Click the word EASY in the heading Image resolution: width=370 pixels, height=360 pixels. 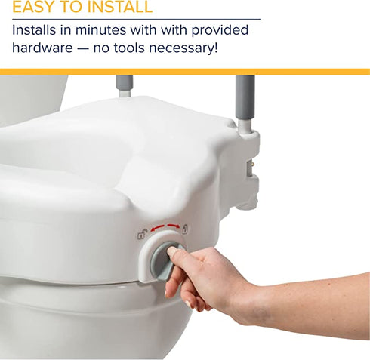(x=35, y=8)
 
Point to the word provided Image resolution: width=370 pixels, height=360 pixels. (x=220, y=31)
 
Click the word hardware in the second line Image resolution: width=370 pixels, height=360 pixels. (x=45, y=49)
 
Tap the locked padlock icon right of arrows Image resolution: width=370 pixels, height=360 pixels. (x=184, y=229)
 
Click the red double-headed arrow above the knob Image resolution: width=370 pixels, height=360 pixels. (x=163, y=229)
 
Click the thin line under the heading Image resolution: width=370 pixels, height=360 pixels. (x=136, y=19)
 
